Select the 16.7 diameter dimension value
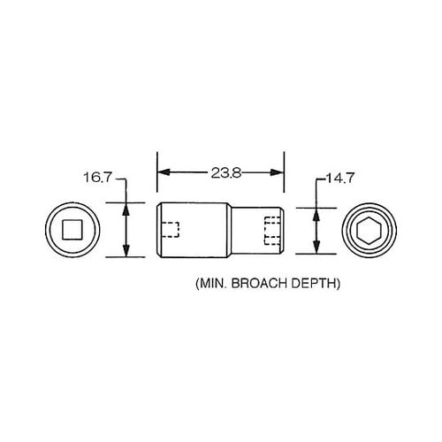point(98,177)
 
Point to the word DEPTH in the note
point(316,286)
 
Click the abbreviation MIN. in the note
point(210,286)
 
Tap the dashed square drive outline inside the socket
point(172,231)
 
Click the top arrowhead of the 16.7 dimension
point(125,209)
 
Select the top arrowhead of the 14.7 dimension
point(316,213)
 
